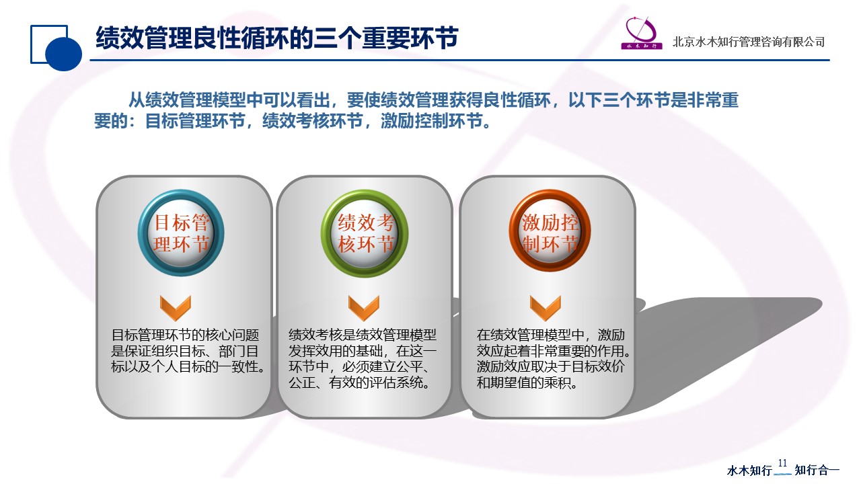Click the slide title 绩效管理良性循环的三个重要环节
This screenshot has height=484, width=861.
coord(276,38)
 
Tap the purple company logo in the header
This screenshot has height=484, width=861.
coord(642,33)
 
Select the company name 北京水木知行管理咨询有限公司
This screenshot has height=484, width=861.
coord(749,42)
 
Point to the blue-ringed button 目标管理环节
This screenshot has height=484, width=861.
coord(181,233)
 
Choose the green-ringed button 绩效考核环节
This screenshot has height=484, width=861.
coord(365,233)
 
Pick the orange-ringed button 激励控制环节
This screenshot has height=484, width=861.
coord(550,231)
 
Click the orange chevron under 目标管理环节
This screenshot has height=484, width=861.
coord(176,308)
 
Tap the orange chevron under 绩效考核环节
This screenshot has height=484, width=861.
coord(364,308)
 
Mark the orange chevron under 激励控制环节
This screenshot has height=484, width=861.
coord(546,308)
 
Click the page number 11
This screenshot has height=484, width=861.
coord(782,463)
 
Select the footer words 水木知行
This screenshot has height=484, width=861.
coord(749,470)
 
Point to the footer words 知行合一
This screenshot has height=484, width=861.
coord(817,470)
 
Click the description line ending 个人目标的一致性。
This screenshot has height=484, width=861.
coord(188,366)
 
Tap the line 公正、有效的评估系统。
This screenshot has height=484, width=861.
coord(359,382)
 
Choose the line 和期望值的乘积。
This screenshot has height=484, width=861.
coord(527,382)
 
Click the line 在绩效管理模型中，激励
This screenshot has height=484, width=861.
coord(551,335)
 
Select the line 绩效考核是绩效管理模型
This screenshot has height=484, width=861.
coord(363,335)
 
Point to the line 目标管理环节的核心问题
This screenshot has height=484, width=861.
coord(185,335)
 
